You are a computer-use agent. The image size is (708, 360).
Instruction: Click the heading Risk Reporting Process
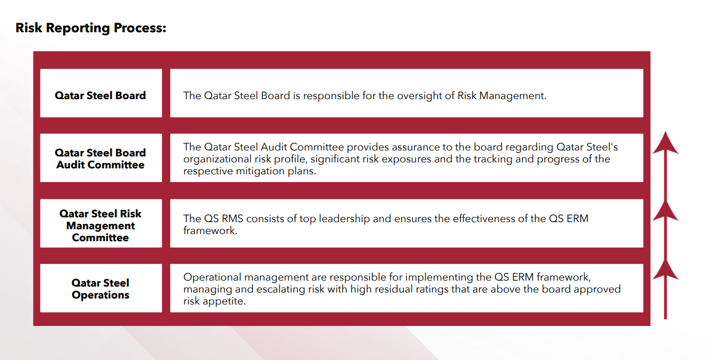(91, 28)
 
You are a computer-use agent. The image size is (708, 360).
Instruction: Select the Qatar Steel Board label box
(101, 93)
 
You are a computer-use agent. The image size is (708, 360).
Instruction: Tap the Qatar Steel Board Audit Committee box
(101, 158)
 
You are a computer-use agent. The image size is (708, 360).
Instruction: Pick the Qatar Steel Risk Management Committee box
(101, 223)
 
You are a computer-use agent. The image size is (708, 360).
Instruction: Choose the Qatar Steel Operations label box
(101, 288)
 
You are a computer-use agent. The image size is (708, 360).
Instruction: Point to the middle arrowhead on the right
(665, 211)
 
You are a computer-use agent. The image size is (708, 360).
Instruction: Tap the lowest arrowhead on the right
(665, 269)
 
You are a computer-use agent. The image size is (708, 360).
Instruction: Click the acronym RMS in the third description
(233, 219)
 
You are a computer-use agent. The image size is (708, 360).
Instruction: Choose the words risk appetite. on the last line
(214, 301)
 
